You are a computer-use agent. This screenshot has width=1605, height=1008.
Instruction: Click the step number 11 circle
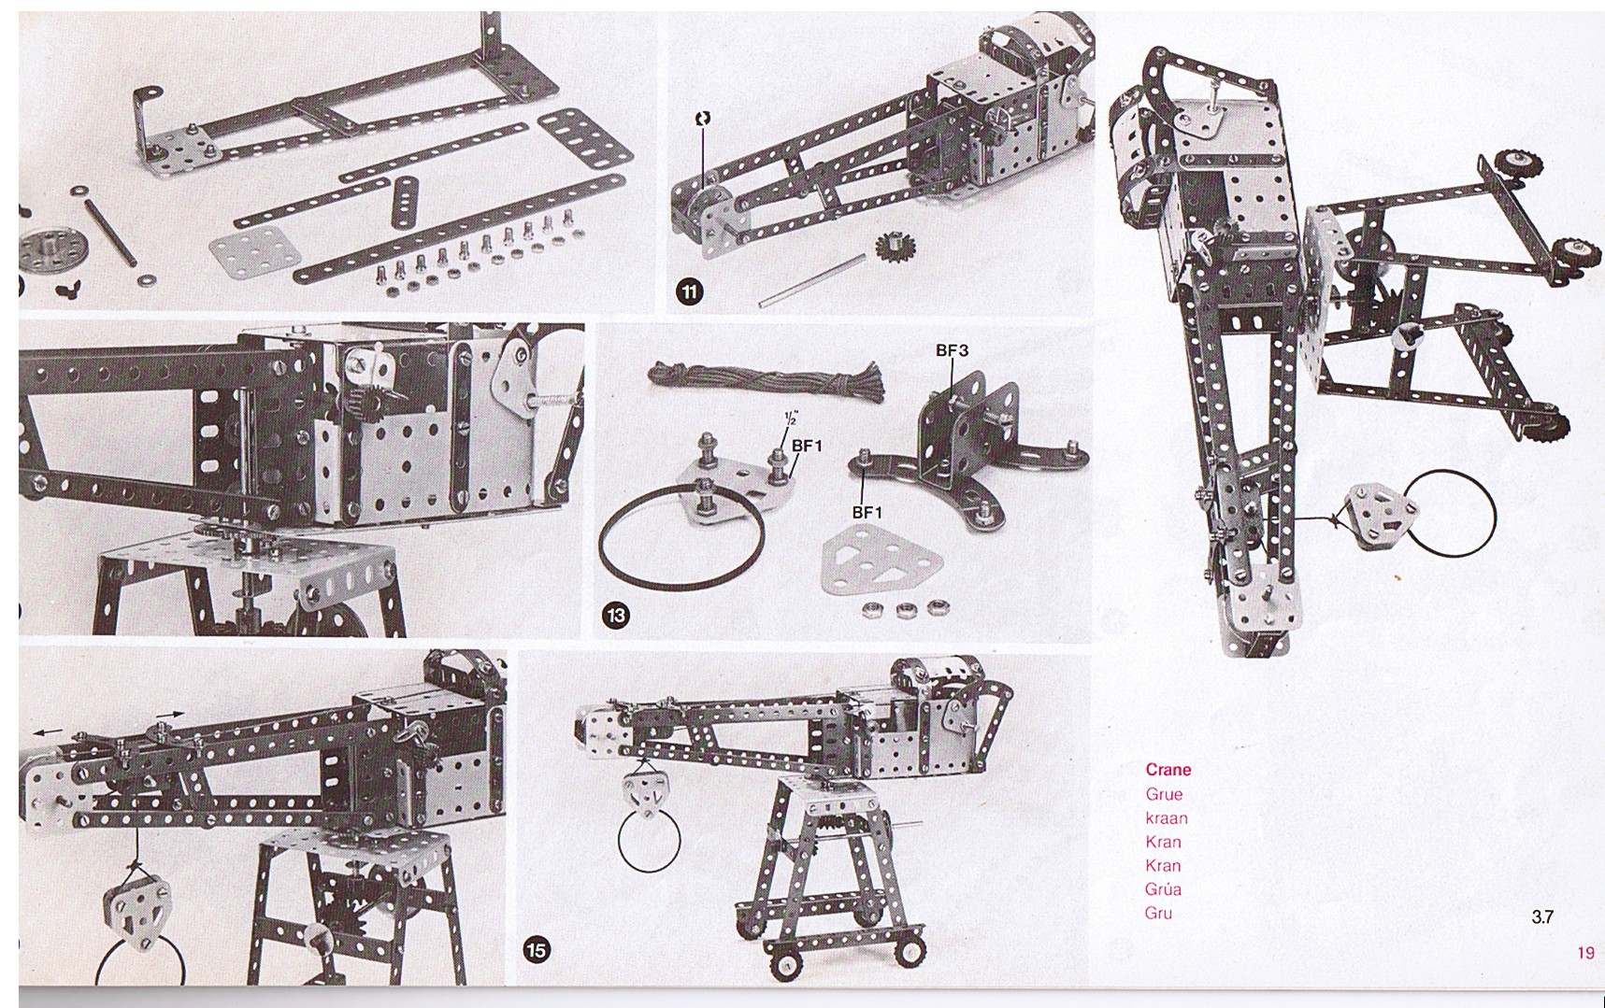[x=689, y=292]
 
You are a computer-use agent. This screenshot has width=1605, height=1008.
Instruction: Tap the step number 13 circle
[x=617, y=616]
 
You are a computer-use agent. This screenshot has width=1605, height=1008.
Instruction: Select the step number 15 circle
[x=537, y=951]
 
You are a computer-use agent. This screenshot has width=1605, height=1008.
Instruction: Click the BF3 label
[x=952, y=351]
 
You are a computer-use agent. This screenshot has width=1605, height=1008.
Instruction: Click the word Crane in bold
[x=1168, y=770]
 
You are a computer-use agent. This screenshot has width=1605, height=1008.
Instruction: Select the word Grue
[x=1164, y=794]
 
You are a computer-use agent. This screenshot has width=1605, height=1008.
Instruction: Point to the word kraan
[x=1167, y=818]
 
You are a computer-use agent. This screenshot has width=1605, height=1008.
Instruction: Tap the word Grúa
[x=1163, y=888]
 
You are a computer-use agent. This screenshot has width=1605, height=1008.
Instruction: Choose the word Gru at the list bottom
[x=1158, y=913]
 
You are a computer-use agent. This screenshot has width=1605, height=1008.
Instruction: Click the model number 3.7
[x=1542, y=916]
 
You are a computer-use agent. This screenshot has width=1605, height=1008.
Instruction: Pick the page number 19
[x=1585, y=953]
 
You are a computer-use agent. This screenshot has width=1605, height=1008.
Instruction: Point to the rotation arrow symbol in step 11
[x=703, y=119]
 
